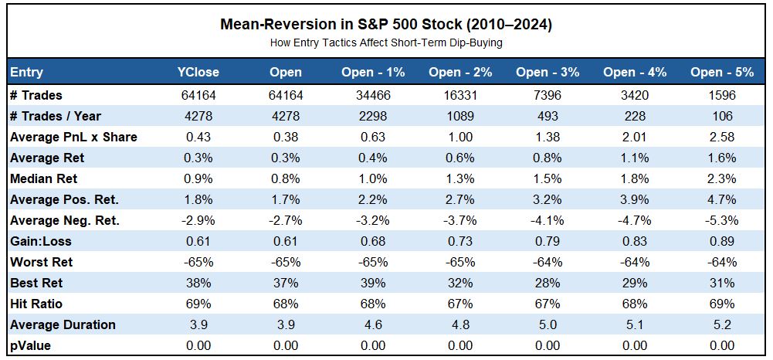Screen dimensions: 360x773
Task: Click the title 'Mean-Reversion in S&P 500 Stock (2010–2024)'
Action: coord(386,25)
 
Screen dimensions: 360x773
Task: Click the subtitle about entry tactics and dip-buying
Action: coord(386,42)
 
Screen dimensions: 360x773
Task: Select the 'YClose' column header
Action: coord(198,73)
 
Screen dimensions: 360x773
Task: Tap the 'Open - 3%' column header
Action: coord(548,73)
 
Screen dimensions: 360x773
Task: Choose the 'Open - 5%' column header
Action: coord(722,73)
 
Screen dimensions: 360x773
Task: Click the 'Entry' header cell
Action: coord(27,73)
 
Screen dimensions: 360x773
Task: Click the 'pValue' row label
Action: coord(31,346)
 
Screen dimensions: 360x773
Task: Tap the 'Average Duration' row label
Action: coord(63,325)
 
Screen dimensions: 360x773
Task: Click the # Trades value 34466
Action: coord(373,96)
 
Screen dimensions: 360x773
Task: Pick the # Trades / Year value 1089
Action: coord(460,117)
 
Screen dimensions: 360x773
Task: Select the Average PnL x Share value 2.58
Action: coord(722,138)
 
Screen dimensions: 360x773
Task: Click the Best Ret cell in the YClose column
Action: coord(198,284)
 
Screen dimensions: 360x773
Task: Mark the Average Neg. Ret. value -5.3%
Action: coord(722,221)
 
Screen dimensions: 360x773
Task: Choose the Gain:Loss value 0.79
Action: coord(548,242)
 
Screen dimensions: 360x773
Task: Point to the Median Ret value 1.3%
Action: coord(460,179)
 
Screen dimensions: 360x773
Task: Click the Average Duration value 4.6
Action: coord(373,325)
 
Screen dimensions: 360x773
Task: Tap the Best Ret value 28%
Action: coord(548,284)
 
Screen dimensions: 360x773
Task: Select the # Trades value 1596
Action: coord(722,96)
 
